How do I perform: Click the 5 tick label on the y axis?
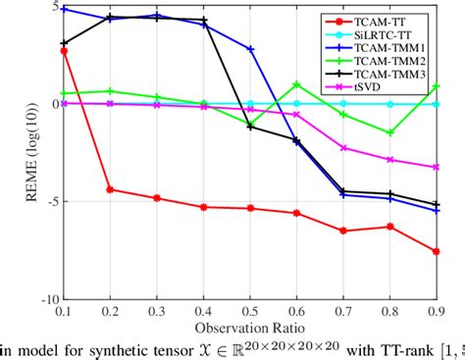point(53,6)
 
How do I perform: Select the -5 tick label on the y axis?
point(49,201)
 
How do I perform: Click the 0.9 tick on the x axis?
point(436,310)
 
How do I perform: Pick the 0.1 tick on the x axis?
point(64,310)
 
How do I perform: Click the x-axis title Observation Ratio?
point(249,327)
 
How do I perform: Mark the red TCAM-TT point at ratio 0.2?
point(110,189)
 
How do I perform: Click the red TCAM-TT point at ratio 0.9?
point(436,252)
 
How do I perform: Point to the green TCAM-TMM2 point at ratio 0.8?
point(389,132)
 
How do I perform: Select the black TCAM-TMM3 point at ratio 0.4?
point(203,20)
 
